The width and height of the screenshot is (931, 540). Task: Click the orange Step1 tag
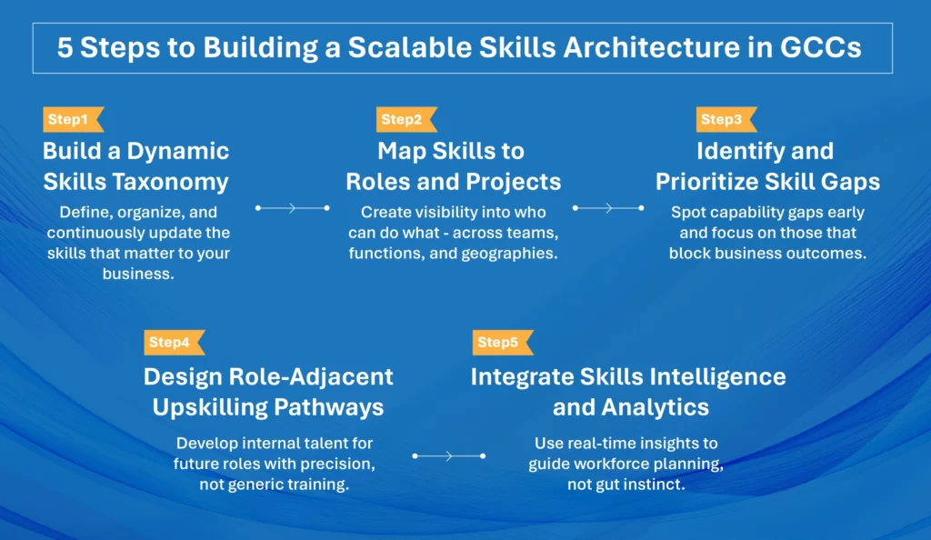click(x=71, y=120)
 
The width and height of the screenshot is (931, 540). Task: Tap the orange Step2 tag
click(x=405, y=120)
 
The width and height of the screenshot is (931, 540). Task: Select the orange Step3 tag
click(x=725, y=120)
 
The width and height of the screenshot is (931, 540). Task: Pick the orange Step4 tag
click(x=172, y=343)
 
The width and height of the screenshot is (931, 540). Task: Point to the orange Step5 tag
click(x=500, y=343)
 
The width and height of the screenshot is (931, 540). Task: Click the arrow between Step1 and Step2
click(x=292, y=208)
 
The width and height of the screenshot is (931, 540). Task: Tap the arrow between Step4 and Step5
click(x=448, y=455)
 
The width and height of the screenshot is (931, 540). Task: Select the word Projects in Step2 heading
click(x=511, y=182)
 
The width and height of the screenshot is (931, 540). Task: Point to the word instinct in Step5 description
click(x=653, y=485)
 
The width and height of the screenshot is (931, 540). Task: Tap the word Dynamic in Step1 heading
click(x=177, y=151)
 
